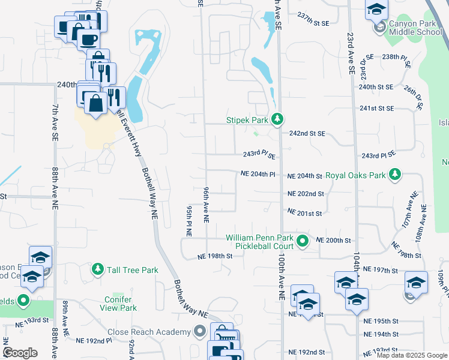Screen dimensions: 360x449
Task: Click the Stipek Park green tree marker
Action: pos(277,120)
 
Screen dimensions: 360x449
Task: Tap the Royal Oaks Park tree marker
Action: pos(394,176)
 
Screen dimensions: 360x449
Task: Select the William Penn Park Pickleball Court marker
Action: pos(303,242)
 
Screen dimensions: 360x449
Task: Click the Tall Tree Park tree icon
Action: pos(97,271)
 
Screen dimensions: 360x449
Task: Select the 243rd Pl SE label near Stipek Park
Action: pos(259,155)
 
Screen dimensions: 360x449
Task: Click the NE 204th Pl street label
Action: pos(258,175)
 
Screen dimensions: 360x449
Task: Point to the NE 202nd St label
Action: pos(306,194)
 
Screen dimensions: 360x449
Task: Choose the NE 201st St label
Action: pos(305,212)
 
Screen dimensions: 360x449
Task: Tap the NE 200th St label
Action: pos(333,240)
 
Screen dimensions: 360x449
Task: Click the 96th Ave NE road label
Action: pos(205,205)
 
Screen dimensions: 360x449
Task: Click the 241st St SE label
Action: pos(376,109)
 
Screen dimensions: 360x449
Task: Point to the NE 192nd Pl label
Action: pos(94,340)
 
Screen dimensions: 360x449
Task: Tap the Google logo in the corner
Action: pos(20,352)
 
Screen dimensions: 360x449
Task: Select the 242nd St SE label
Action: pos(307,133)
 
